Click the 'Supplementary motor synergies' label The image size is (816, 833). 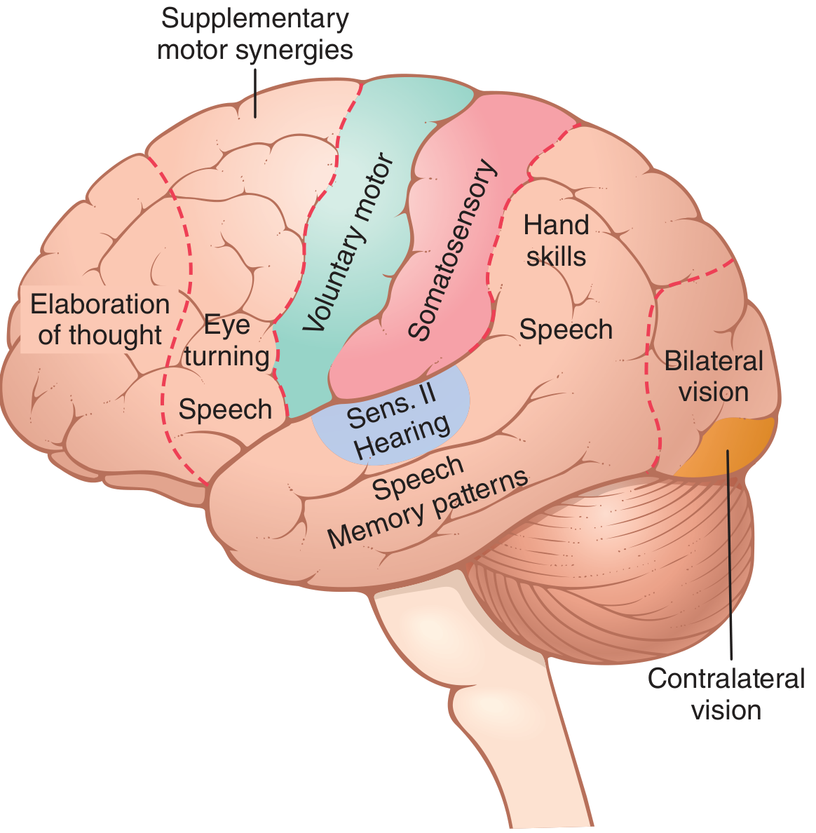pyautogui.click(x=255, y=34)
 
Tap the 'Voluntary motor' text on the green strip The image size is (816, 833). pyautogui.click(x=348, y=242)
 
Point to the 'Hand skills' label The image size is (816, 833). pyautogui.click(x=556, y=241)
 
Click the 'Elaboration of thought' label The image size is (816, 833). pyautogui.click(x=100, y=320)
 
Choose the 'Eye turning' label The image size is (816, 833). pyautogui.click(x=227, y=341)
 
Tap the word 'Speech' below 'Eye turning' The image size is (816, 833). pyautogui.click(x=225, y=409)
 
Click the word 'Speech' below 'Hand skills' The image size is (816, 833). pyautogui.click(x=566, y=330)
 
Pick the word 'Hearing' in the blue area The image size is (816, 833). pyautogui.click(x=402, y=437)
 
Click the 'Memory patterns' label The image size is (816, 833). pyautogui.click(x=428, y=509)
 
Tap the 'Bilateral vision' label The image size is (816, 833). pyautogui.click(x=714, y=376)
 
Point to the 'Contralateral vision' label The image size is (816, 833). pyautogui.click(x=726, y=693)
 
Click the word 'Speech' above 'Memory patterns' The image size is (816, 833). pyautogui.click(x=418, y=477)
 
